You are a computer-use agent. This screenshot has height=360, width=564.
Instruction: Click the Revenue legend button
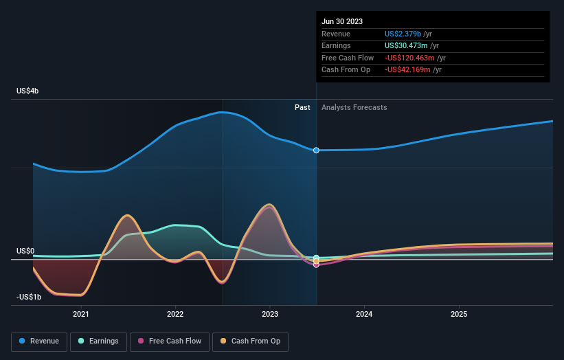click(40, 341)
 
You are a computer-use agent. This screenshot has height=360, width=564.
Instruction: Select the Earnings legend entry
click(99, 341)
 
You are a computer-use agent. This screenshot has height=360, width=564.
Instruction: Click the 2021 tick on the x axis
click(81, 315)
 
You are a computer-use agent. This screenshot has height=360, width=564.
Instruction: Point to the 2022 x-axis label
click(175, 315)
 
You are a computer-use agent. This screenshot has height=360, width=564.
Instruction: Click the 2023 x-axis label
click(270, 315)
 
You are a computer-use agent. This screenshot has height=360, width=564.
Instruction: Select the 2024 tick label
click(364, 315)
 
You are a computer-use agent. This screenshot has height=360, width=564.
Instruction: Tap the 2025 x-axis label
click(459, 315)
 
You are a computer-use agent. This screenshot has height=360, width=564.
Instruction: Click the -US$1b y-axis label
click(30, 297)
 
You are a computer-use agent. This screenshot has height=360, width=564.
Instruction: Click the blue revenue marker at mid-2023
click(317, 150)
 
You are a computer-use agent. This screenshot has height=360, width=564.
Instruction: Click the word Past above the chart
click(302, 107)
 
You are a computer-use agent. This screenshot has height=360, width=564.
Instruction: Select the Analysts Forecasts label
click(354, 107)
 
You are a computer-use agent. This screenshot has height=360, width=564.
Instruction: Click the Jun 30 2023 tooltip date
click(342, 21)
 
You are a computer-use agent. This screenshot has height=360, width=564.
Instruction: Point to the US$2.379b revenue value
click(404, 34)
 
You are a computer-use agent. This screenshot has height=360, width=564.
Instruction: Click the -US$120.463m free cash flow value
click(410, 58)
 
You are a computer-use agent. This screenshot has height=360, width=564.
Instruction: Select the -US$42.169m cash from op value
click(408, 70)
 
